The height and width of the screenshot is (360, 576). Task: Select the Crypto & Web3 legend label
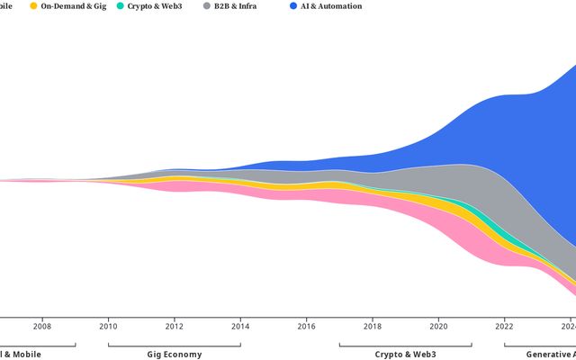(x=155, y=6)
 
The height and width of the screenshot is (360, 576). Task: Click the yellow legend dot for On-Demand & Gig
(x=33, y=6)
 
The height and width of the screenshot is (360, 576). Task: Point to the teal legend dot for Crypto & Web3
(x=120, y=6)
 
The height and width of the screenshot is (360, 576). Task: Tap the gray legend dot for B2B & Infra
(x=207, y=6)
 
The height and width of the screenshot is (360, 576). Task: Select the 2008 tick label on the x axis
(x=42, y=327)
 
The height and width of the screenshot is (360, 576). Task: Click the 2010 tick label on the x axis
(x=108, y=327)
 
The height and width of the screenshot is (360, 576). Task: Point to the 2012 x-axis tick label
(x=175, y=327)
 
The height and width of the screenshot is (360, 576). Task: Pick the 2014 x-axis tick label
(x=240, y=327)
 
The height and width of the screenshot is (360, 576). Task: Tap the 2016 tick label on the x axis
(x=307, y=327)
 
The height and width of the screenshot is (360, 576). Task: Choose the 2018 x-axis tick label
(x=373, y=327)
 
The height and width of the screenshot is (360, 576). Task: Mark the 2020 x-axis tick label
(x=439, y=327)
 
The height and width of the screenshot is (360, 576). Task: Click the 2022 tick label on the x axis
(x=505, y=327)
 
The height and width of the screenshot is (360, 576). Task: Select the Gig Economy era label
(x=175, y=354)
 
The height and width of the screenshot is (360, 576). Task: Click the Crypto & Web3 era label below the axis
(x=405, y=354)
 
